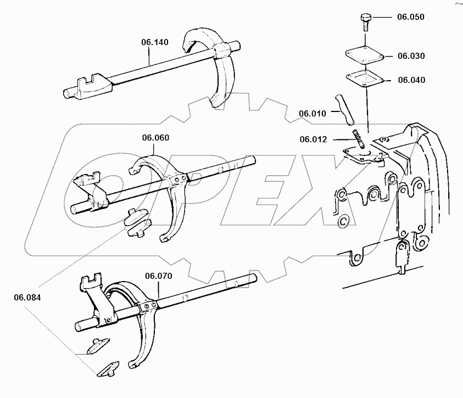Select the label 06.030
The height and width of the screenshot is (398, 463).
(410, 55)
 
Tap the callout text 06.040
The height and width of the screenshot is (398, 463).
(410, 80)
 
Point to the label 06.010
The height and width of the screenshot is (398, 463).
(313, 114)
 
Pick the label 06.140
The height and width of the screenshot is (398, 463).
(155, 41)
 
